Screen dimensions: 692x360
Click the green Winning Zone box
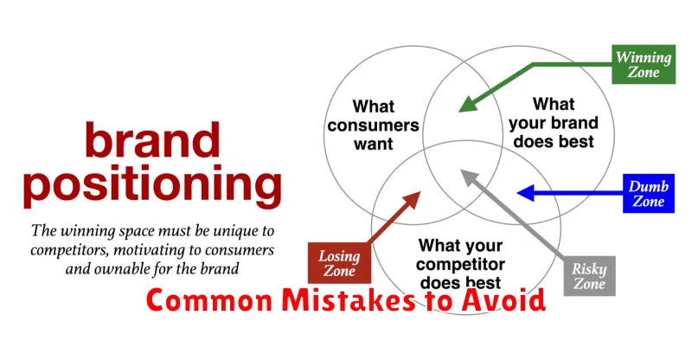[644, 64]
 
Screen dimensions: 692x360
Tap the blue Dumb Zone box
[648, 194]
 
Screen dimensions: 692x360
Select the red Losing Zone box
[339, 263]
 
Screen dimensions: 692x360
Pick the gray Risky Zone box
[589, 276]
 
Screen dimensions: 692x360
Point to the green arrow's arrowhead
[468, 104]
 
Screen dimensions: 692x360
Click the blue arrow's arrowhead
[525, 193]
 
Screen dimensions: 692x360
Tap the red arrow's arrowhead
[412, 200]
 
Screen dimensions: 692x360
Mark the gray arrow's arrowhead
[469, 177]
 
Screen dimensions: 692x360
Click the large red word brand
[152, 139]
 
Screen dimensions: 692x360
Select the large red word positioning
[152, 184]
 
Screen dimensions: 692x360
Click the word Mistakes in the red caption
[349, 300]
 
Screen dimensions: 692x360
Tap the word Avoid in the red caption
[503, 300]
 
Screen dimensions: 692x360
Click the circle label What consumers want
[374, 125]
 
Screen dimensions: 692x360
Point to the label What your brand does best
[554, 123]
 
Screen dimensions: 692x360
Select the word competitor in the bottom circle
[460, 264]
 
